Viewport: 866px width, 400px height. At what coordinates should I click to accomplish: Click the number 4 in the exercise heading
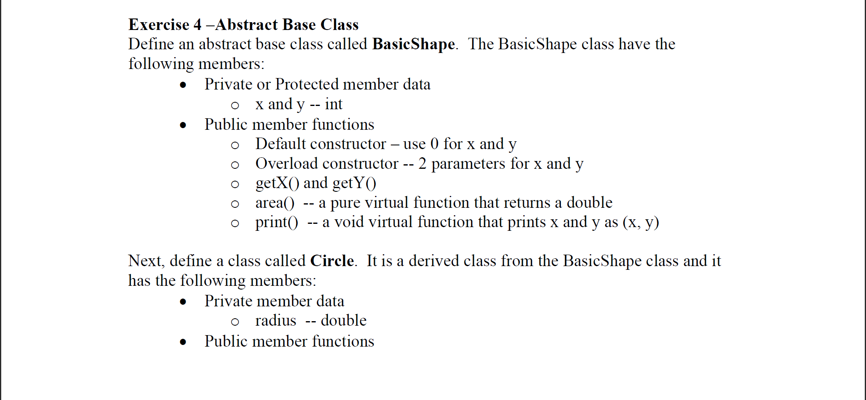(198, 25)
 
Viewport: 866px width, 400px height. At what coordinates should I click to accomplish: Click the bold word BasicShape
(413, 44)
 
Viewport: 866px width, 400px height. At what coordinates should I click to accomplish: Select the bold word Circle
(332, 261)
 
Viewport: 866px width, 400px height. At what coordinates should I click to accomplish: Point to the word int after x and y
(333, 104)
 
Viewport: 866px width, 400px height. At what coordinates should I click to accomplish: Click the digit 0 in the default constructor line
(434, 144)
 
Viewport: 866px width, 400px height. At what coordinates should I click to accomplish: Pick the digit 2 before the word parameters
(423, 163)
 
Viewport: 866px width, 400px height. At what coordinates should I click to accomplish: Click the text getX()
(277, 183)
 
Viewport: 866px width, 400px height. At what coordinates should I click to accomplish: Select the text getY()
(354, 183)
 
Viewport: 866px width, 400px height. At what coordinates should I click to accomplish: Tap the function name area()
(275, 202)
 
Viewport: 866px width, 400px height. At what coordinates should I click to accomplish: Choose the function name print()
(276, 222)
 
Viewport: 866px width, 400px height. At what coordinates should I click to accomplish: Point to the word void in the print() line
(349, 222)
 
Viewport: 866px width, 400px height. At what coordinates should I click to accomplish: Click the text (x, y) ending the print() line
(641, 222)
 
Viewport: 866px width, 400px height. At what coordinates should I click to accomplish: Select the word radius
(276, 320)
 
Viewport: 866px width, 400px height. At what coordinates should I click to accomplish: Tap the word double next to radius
(343, 320)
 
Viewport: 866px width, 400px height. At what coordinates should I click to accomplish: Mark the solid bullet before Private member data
(183, 302)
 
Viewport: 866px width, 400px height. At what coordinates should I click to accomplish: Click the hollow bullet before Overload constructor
(235, 165)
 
